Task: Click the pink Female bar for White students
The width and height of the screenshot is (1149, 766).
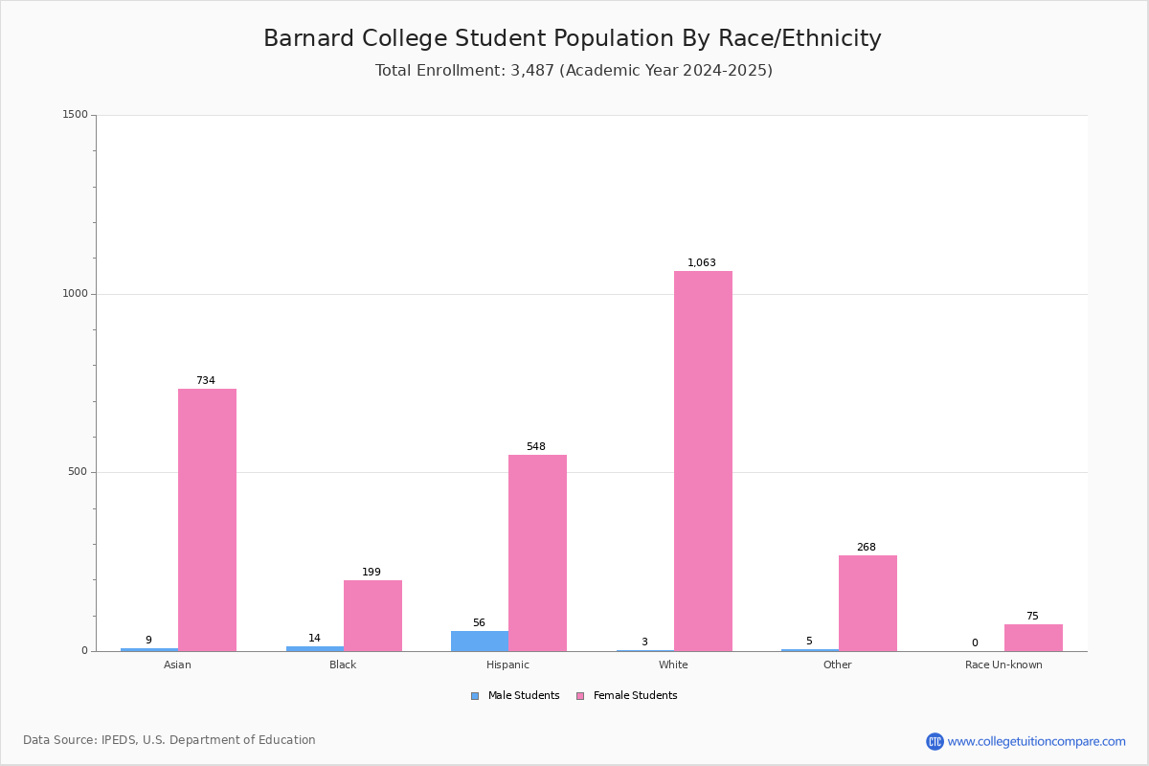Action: pos(703,461)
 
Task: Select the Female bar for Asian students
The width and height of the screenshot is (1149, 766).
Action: pos(207,520)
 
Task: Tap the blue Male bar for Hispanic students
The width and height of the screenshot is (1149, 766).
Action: pos(480,641)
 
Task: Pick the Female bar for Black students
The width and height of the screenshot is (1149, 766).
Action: pos(372,616)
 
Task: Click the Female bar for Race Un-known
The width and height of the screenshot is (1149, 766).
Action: pos(1033,638)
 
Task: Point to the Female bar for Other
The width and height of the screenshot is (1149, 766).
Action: pos(867,603)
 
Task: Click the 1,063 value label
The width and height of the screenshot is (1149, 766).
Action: pos(702,262)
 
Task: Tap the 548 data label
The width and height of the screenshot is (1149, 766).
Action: pos(536,446)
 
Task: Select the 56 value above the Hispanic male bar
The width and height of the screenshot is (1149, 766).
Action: pos(479,622)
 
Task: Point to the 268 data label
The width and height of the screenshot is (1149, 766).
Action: pos(867,547)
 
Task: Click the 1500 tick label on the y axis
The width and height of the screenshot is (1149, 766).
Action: pos(76,114)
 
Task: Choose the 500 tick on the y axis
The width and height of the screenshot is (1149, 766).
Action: pos(78,471)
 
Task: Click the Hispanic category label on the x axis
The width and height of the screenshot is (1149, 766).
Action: pos(507,665)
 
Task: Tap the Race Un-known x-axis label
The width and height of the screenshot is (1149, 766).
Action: pos(1003,665)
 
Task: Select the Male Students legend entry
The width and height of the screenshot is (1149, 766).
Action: pos(515,695)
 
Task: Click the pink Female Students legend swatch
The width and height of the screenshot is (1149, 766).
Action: pos(580,696)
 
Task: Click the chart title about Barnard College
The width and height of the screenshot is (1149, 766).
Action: pos(573,38)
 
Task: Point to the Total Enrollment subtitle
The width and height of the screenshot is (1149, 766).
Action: pos(574,70)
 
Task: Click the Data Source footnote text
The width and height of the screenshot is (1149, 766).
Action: pos(169,740)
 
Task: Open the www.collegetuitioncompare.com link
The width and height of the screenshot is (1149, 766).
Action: pos(1036,741)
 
